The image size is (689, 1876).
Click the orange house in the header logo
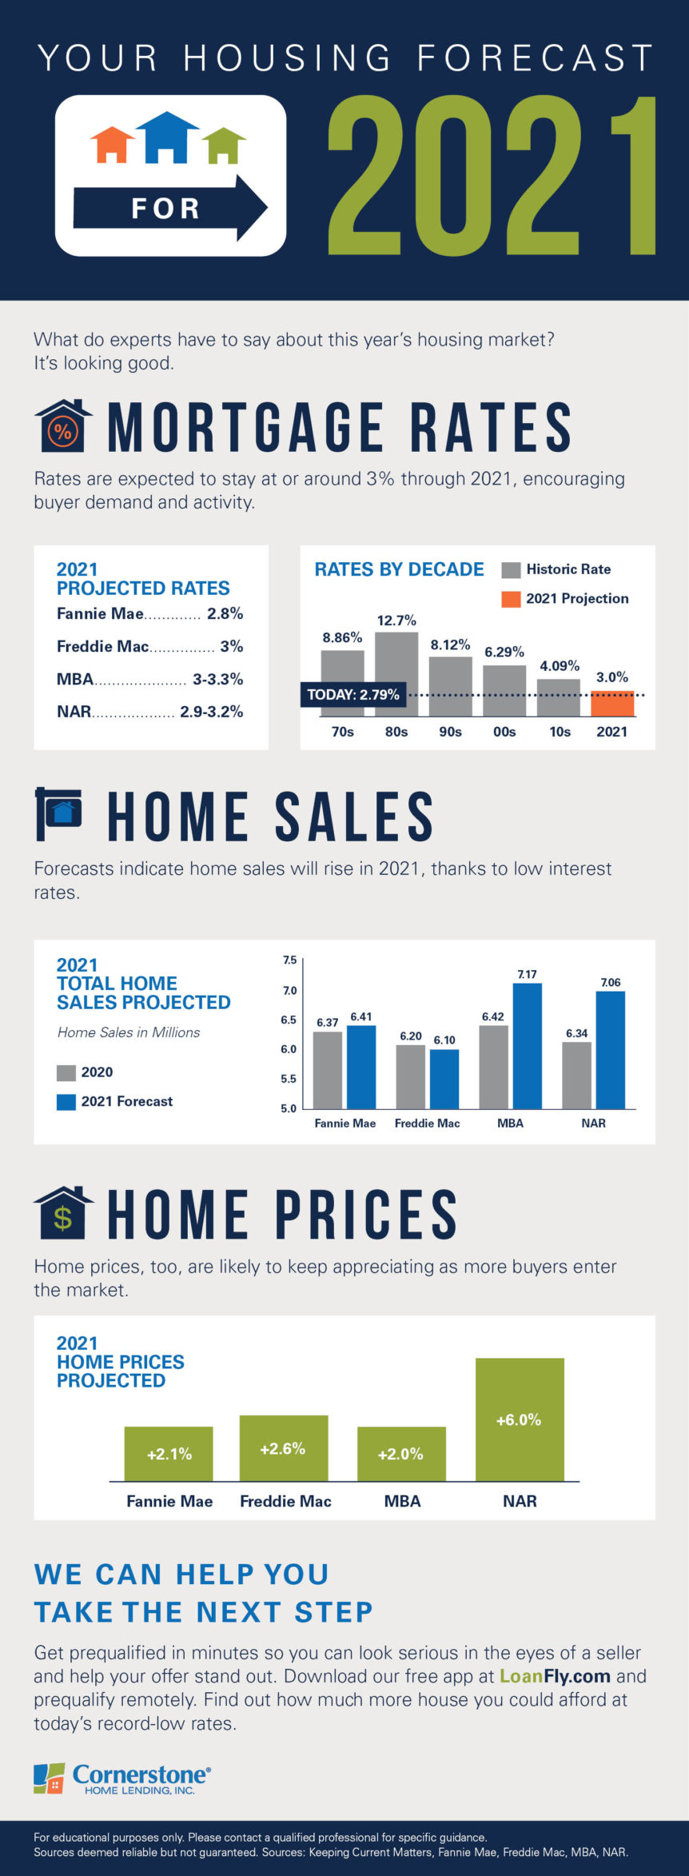coord(112,145)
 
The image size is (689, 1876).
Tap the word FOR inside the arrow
coord(165,209)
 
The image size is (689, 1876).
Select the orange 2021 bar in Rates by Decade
coord(612,704)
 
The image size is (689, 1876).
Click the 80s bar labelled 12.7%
coord(396,673)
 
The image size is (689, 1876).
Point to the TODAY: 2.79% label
coord(352,694)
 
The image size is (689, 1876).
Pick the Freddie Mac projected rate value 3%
coord(232,646)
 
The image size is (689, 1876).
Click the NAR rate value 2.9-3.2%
coord(211,712)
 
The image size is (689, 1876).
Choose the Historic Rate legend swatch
coord(511,570)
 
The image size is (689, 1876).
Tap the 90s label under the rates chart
coord(450,732)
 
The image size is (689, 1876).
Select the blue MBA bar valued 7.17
coord(527,1045)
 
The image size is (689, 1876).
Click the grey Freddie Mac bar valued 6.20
coord(411,1076)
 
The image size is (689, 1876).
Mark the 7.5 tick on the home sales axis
coord(289,960)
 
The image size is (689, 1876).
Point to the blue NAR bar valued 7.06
coord(610,1049)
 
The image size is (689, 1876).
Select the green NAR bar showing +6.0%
coord(520,1419)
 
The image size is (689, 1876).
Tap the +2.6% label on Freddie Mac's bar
coord(283,1448)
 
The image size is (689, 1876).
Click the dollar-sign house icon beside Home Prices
coord(63,1213)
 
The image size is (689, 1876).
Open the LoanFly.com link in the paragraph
coord(555,1676)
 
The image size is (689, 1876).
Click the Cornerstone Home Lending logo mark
coord(49,1778)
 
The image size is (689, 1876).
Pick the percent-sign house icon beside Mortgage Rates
coord(63,428)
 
